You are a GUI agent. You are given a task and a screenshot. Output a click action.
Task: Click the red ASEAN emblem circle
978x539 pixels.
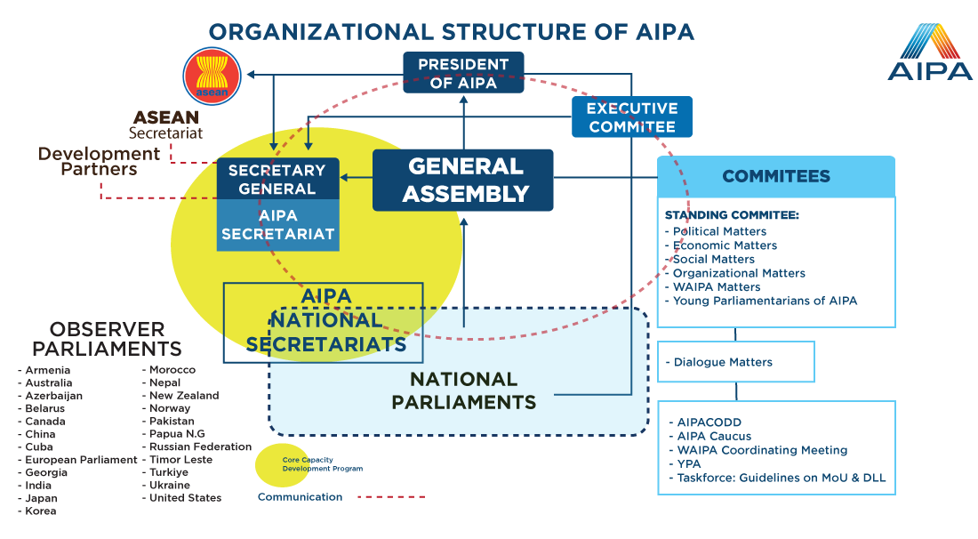click(212, 76)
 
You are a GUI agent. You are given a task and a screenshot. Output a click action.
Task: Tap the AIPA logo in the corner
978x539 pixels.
click(929, 52)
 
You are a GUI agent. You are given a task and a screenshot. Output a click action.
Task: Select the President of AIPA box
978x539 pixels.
click(463, 73)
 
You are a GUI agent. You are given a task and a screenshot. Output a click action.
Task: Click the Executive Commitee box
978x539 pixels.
click(632, 117)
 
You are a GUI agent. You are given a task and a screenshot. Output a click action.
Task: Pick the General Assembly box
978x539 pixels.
click(463, 180)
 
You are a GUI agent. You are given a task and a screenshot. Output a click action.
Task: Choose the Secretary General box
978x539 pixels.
click(277, 179)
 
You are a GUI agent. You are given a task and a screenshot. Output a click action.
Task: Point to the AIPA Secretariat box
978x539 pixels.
click(277, 225)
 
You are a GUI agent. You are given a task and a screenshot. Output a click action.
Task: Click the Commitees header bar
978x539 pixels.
click(776, 176)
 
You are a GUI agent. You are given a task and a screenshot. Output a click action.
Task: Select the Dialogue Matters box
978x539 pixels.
click(736, 362)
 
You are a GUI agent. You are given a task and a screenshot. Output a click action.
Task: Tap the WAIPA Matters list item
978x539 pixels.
click(712, 287)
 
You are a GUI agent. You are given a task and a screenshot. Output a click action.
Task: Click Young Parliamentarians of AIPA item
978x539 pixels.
click(761, 301)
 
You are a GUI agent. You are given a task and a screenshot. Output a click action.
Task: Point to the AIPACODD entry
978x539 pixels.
click(705, 422)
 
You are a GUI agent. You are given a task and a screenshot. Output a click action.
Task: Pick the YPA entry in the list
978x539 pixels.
click(685, 464)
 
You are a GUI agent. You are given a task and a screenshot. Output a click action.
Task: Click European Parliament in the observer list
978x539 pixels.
click(77, 460)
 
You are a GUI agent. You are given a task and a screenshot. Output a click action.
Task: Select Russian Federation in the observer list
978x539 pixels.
click(196, 446)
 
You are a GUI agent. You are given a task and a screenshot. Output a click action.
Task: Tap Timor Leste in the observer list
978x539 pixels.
click(177, 460)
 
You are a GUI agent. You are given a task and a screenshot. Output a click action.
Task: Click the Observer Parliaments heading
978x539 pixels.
click(107, 339)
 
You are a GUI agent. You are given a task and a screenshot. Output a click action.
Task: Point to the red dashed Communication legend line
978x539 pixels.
click(392, 497)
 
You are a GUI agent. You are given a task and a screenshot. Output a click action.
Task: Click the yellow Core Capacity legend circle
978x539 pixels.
click(282, 465)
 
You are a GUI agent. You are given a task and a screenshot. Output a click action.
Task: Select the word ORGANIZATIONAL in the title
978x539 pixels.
click(321, 32)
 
